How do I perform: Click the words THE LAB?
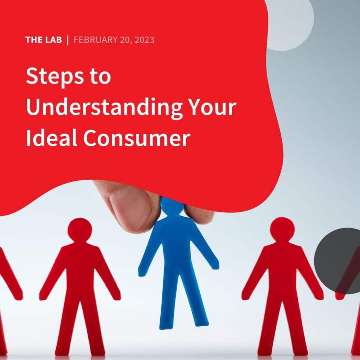click(x=43, y=40)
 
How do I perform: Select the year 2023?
click(x=143, y=40)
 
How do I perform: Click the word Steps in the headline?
click(x=48, y=77)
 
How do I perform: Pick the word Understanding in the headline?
click(x=104, y=108)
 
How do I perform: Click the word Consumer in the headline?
click(x=137, y=138)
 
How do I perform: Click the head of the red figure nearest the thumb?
click(x=79, y=230)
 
